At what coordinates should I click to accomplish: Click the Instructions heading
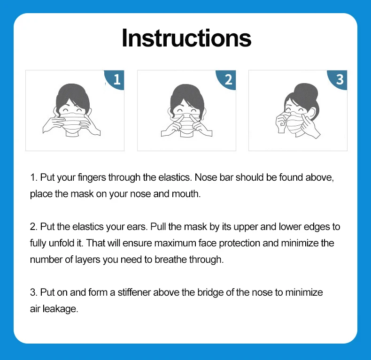186,38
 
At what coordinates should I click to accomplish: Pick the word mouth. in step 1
186,194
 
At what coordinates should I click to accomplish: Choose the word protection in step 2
240,244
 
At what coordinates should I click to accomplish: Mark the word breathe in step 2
170,260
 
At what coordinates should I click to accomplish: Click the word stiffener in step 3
134,292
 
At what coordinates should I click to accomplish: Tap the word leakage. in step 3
60,309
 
